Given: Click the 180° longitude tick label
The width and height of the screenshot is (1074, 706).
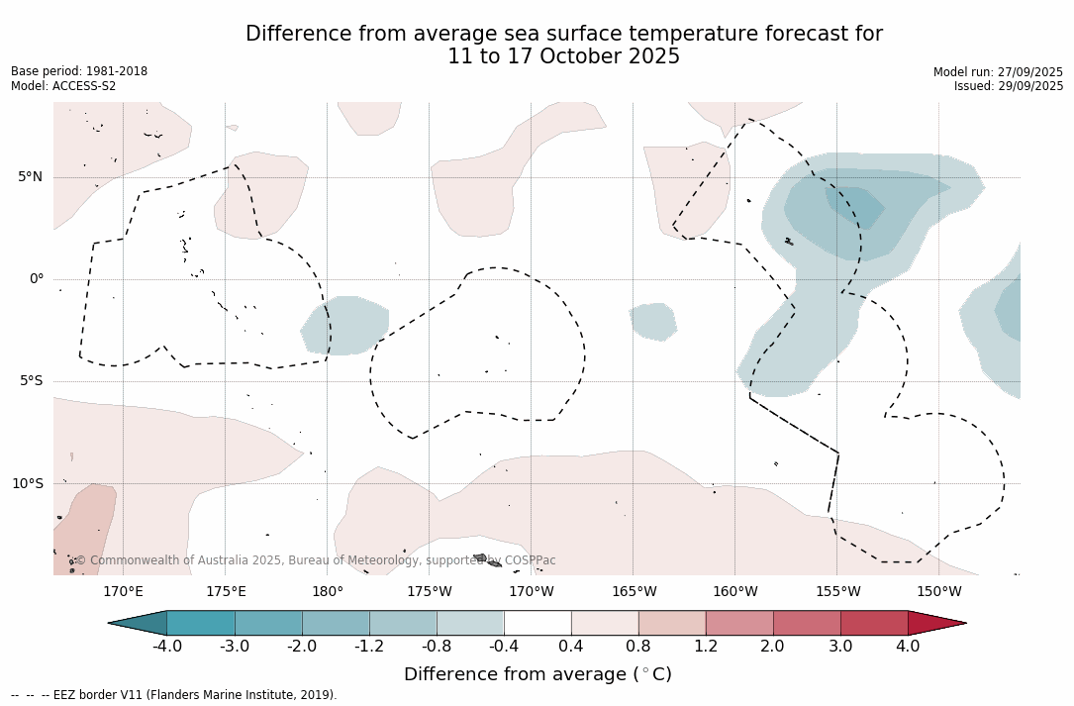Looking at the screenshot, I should (327, 592).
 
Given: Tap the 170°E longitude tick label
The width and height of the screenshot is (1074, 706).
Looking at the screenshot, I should (123, 592).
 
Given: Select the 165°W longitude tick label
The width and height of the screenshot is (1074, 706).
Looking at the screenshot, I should (634, 592).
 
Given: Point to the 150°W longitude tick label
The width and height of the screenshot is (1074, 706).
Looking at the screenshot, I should (938, 592).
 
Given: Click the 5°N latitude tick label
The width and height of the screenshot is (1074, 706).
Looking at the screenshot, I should (30, 177).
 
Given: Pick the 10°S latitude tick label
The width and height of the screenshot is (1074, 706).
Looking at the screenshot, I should (27, 484).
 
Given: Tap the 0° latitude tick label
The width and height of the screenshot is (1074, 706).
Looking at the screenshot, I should (37, 279).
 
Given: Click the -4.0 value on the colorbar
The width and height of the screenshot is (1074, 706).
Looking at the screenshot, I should (166, 647).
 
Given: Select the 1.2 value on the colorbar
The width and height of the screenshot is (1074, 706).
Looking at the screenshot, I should (705, 647).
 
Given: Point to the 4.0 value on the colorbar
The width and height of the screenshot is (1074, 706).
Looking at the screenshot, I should (908, 647).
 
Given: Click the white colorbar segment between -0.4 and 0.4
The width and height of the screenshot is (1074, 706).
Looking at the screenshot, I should (537, 623).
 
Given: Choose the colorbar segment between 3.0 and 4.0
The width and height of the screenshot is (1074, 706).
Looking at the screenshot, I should (874, 623).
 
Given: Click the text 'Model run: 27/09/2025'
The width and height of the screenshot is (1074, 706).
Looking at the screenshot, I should (998, 72).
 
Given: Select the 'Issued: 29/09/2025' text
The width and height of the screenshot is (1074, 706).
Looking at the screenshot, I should (1009, 86).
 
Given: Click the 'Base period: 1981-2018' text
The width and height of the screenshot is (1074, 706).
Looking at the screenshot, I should (79, 71).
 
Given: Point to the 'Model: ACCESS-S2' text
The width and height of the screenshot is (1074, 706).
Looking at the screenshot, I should (63, 86).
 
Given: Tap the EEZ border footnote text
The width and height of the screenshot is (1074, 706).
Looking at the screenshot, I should (173, 695).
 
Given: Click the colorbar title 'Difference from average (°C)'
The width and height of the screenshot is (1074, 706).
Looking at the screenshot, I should (537, 674).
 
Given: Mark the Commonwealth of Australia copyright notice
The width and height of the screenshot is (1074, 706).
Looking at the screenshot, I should (316, 560).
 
